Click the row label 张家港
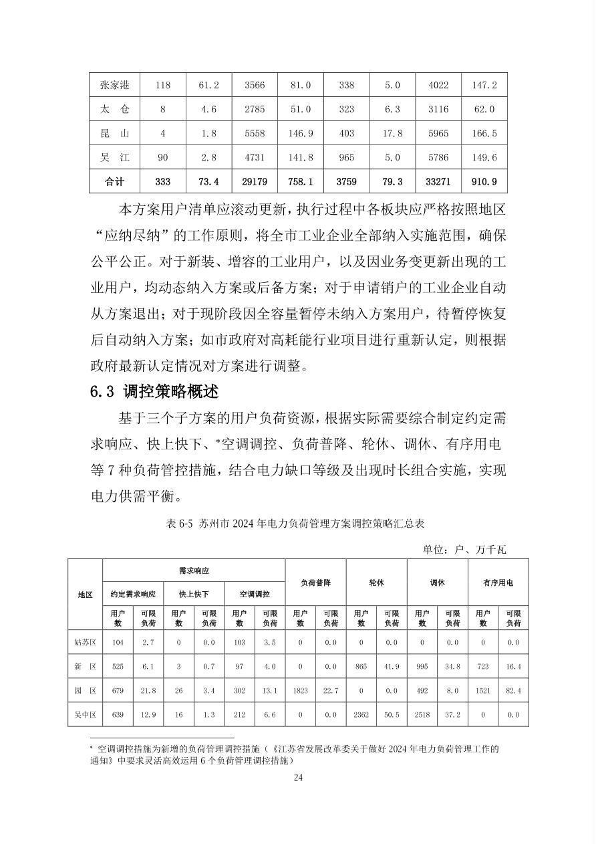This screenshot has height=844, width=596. coord(115,85)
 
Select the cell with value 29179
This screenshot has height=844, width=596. coord(255,181)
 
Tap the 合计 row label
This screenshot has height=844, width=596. coord(115,181)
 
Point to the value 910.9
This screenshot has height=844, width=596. coord(484,181)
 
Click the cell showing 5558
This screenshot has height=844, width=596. coord(255,133)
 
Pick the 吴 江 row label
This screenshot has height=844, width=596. coord(115,158)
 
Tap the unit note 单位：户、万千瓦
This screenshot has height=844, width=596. coord(464,550)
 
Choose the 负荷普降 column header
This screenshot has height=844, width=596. coord(315,583)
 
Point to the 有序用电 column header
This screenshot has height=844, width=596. coord(498,583)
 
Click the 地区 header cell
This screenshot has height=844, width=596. coord(85,595)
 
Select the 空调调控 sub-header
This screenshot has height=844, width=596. coord(255,594)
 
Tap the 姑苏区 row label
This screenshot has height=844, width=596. coord(85,642)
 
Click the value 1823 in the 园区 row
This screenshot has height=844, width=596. coord(300,690)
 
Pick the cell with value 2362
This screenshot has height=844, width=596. coord(361,714)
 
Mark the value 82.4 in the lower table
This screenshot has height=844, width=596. coord(512,690)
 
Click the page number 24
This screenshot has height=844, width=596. coord(298,777)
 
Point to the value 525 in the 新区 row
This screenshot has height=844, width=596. coord(118,666)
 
